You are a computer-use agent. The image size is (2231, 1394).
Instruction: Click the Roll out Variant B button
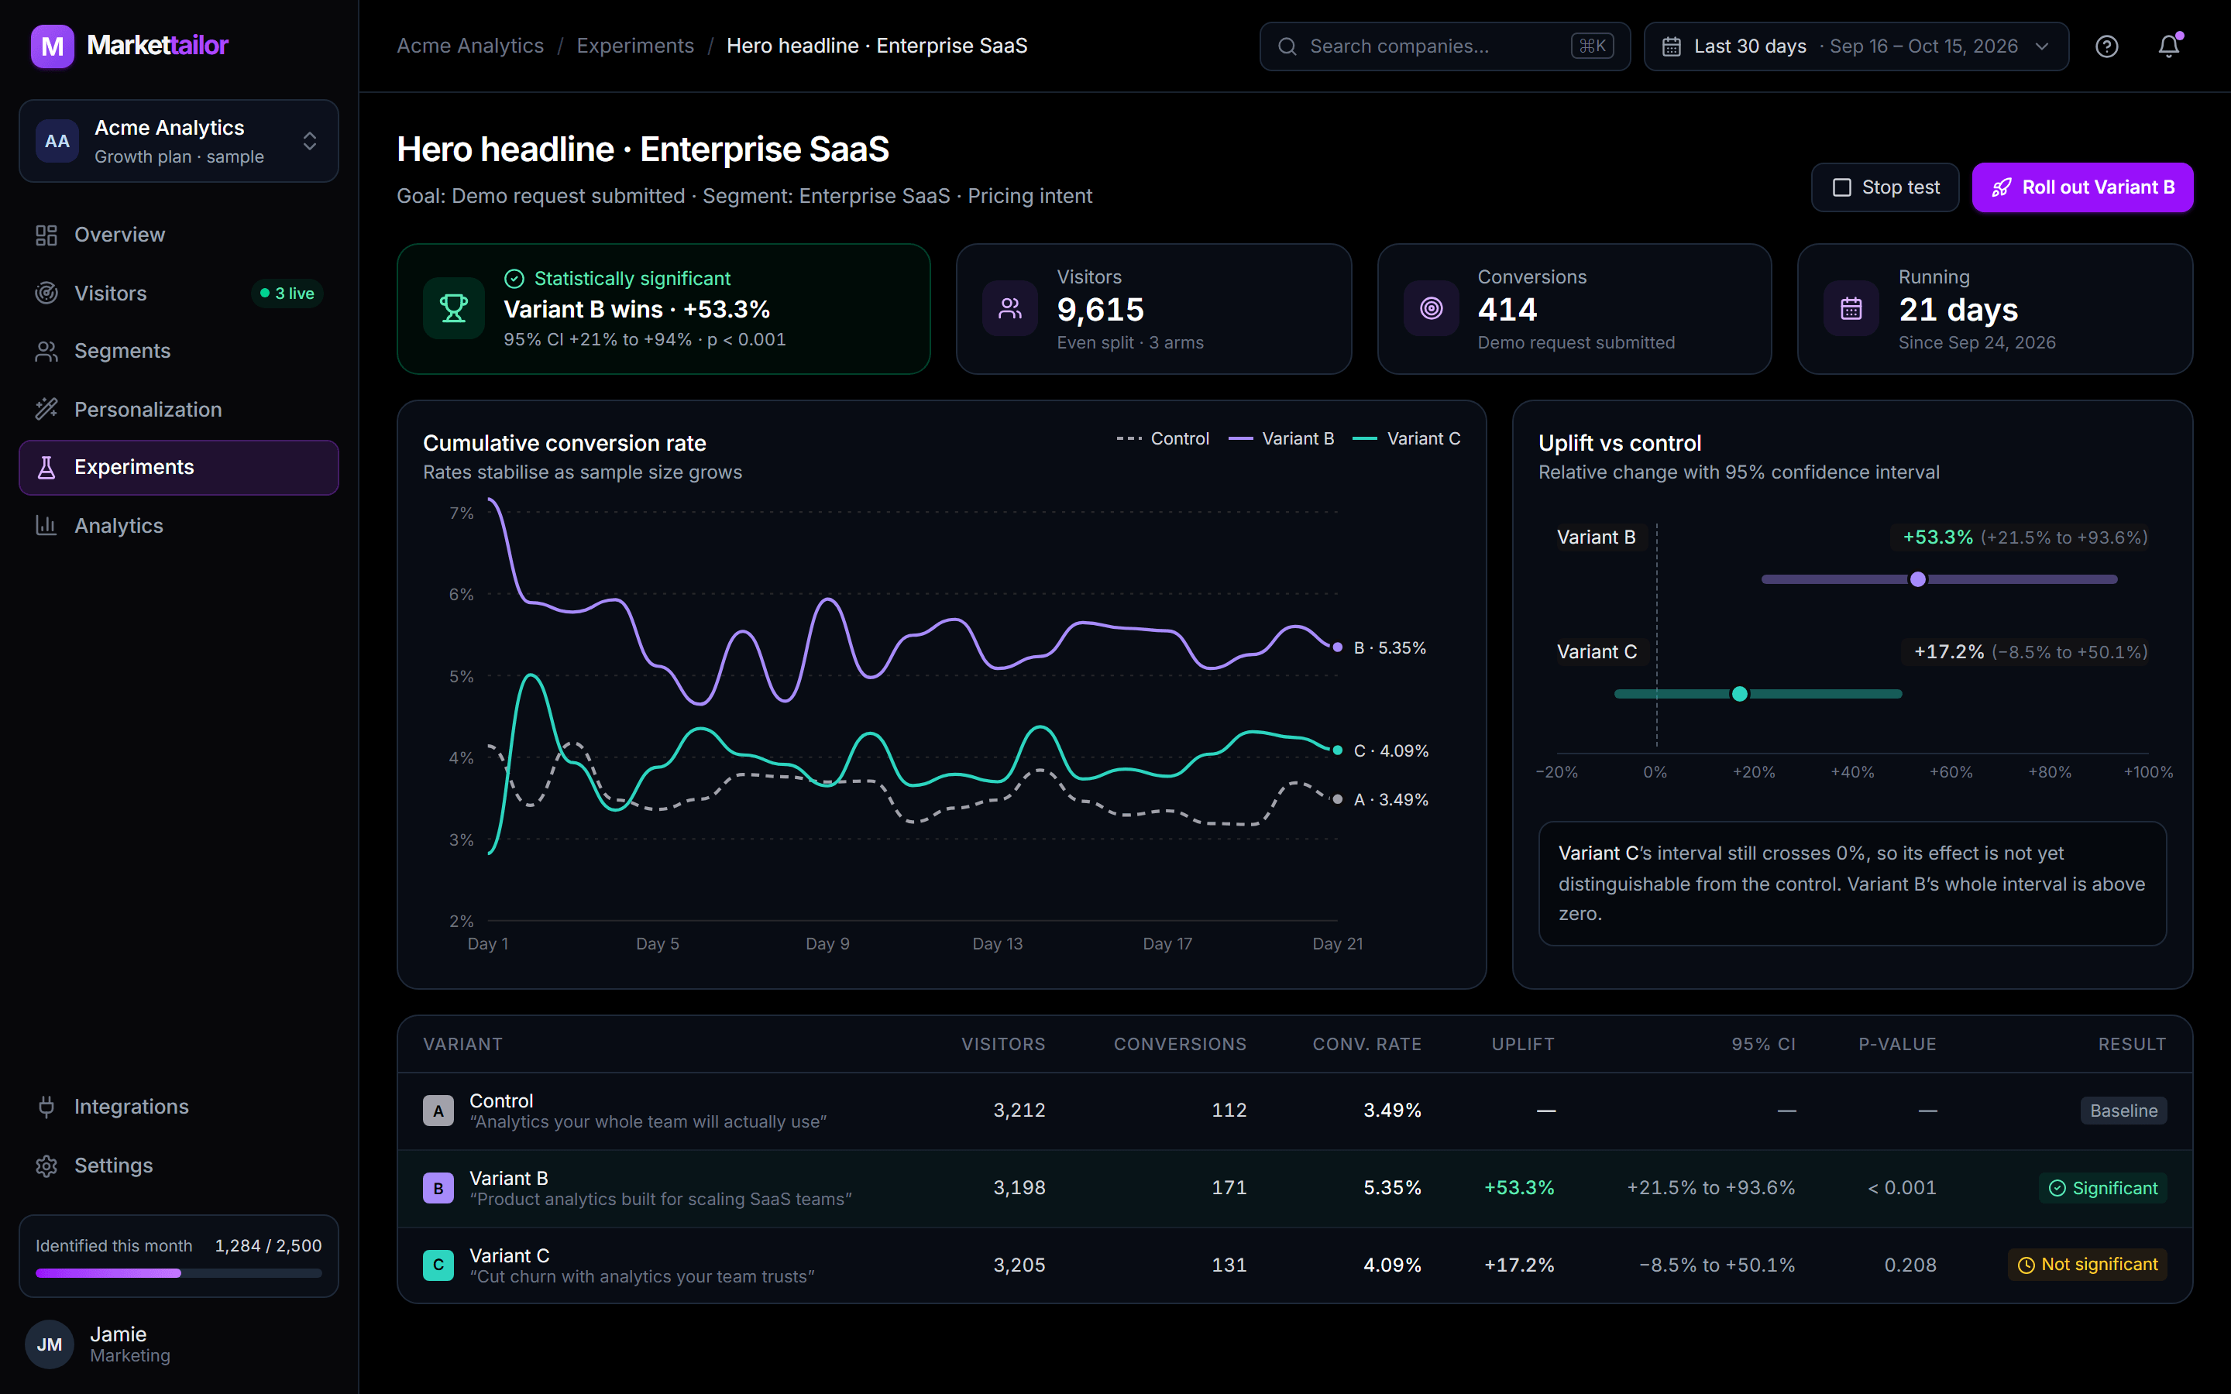pos(2081,187)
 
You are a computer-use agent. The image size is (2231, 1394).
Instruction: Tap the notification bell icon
pos(2168,46)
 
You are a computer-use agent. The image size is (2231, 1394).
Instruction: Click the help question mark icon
pos(2106,46)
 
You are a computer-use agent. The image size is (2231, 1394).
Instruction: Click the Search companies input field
pos(1445,46)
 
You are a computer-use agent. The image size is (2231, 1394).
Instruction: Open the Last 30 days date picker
pos(1856,46)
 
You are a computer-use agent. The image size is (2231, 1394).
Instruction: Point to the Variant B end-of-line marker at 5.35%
pos(1338,647)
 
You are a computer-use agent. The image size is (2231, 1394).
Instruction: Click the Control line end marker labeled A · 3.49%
pos(1338,799)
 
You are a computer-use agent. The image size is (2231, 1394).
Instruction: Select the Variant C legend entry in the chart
pos(1406,439)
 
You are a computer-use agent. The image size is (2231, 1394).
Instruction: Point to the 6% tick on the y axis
pos(461,595)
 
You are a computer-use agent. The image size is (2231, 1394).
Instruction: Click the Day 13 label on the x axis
pos(998,943)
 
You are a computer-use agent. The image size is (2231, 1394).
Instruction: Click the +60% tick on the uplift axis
pos(1951,771)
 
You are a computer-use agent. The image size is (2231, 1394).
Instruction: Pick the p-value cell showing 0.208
pos(1910,1265)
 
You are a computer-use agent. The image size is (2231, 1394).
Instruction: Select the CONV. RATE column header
pos(1366,1044)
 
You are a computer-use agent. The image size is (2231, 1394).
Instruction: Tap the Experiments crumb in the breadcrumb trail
pos(635,46)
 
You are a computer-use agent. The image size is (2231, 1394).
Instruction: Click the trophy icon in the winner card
pos(454,308)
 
